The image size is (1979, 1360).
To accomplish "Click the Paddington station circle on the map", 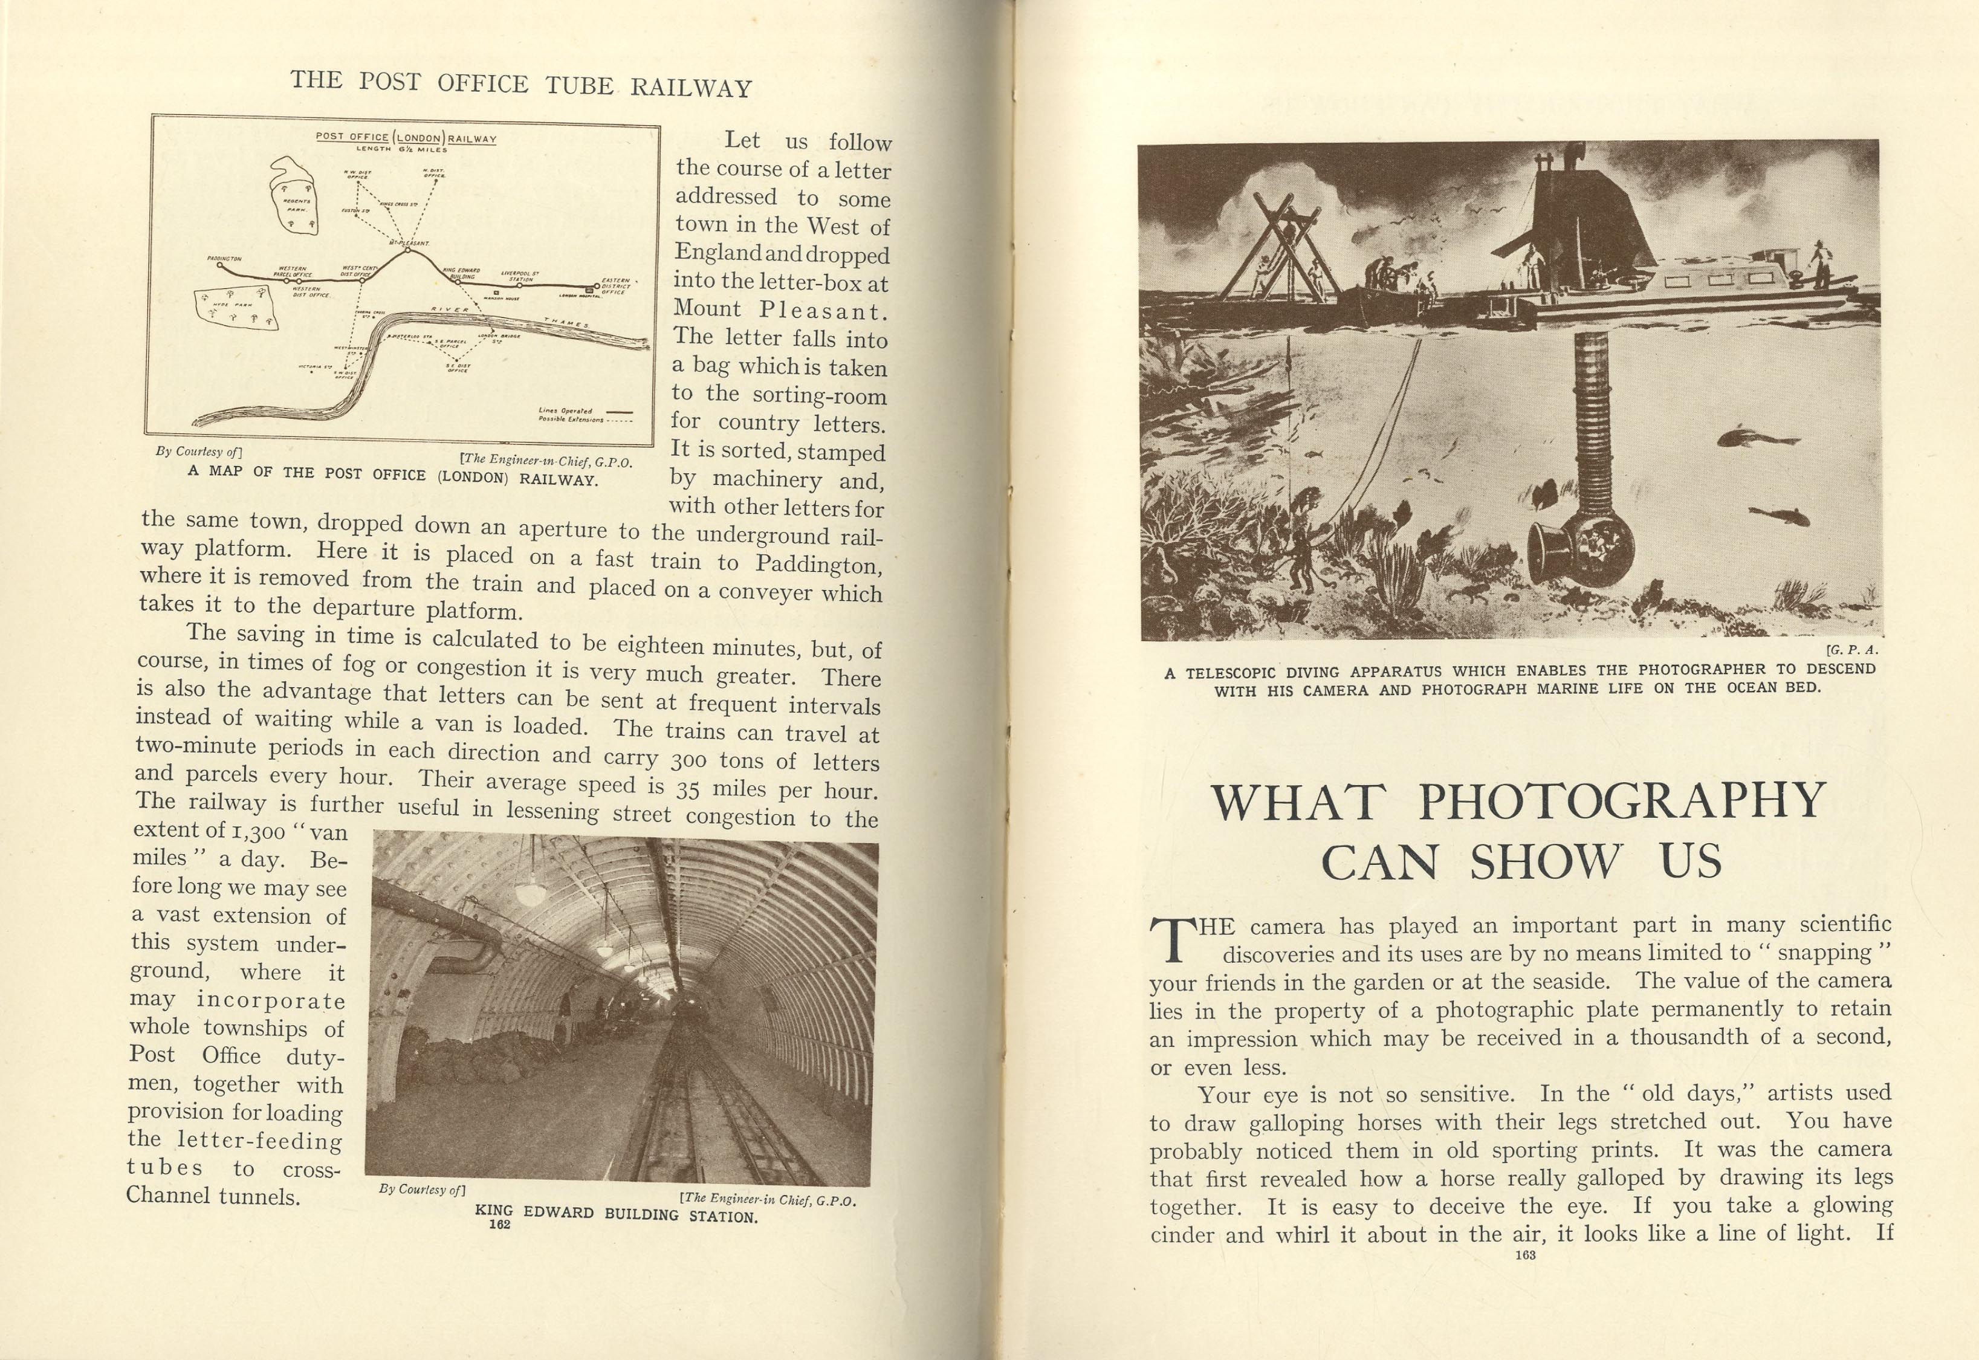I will pyautogui.click(x=221, y=265).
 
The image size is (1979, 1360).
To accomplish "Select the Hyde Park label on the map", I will pyautogui.click(x=232, y=305).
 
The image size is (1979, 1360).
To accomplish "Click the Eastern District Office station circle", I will pyautogui.click(x=597, y=287).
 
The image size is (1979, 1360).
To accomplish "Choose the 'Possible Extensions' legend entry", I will pyautogui.click(x=572, y=419).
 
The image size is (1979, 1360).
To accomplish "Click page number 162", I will pyautogui.click(x=500, y=1225).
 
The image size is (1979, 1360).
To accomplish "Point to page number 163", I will pyautogui.click(x=1526, y=1254).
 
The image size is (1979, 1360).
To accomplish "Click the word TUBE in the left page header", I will pyautogui.click(x=572, y=85).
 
